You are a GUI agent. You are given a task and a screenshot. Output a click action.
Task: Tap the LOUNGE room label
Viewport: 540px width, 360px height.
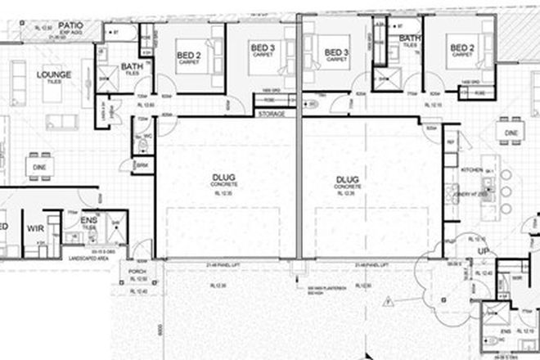[55, 75]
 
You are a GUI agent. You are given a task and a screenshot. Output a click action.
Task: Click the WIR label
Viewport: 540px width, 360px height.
[35, 228]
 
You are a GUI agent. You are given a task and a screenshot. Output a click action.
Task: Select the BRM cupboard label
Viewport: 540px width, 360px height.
[141, 165]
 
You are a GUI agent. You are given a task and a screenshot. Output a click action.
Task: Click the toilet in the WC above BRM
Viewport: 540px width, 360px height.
[142, 146]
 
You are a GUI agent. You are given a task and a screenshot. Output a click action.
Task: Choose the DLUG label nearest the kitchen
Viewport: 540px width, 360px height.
[348, 178]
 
